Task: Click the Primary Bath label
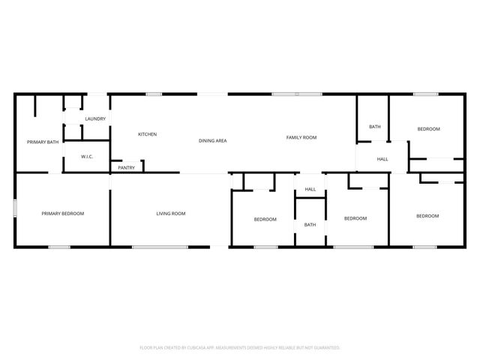click(x=43, y=142)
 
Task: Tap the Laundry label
click(x=95, y=118)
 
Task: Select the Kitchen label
click(x=147, y=134)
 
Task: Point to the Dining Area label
click(x=213, y=140)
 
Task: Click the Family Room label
click(x=301, y=137)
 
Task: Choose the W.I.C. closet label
click(x=86, y=157)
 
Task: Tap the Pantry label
click(x=127, y=167)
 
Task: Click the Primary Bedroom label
click(x=62, y=214)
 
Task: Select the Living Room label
click(x=171, y=214)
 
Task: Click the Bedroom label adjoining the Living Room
click(x=265, y=219)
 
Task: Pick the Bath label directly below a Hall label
click(x=310, y=225)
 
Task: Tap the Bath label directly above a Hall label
click(x=375, y=127)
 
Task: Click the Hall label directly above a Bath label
click(x=310, y=189)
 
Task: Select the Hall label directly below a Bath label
click(x=382, y=159)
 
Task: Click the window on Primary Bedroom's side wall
click(x=15, y=208)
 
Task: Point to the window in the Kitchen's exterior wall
click(x=154, y=94)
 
